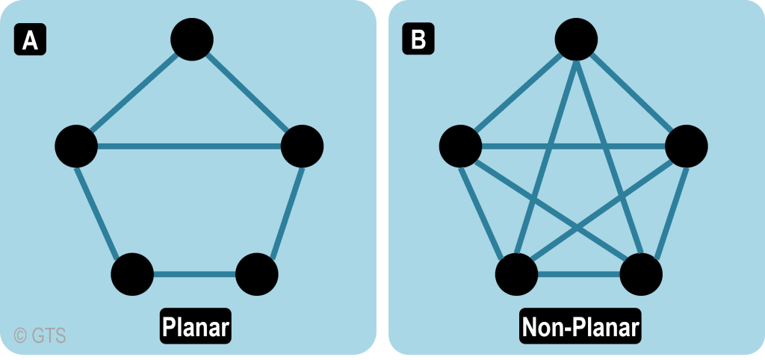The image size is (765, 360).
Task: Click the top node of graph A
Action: point(192,39)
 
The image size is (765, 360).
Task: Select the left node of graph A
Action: point(76,146)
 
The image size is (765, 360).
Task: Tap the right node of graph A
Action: point(302,146)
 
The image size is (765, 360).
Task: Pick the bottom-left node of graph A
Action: point(132,274)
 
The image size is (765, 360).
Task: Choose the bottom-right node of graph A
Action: point(257,274)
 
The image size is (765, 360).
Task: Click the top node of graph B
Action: point(576,39)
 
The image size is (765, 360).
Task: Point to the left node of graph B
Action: point(460,146)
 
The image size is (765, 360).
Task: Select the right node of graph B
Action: point(686,146)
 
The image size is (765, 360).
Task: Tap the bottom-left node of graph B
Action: point(516,274)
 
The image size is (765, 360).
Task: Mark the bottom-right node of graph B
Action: point(641,274)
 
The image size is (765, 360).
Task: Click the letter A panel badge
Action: point(30,40)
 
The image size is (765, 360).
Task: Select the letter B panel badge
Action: point(418,40)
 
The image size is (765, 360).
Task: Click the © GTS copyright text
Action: point(40,336)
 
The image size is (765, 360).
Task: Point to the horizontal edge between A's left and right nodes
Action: point(189,146)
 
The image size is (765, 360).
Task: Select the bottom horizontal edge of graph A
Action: point(194,274)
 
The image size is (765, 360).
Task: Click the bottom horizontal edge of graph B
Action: point(578,274)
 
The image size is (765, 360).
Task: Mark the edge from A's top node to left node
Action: point(134,92)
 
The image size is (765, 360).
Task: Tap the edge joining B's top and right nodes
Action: point(631,92)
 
